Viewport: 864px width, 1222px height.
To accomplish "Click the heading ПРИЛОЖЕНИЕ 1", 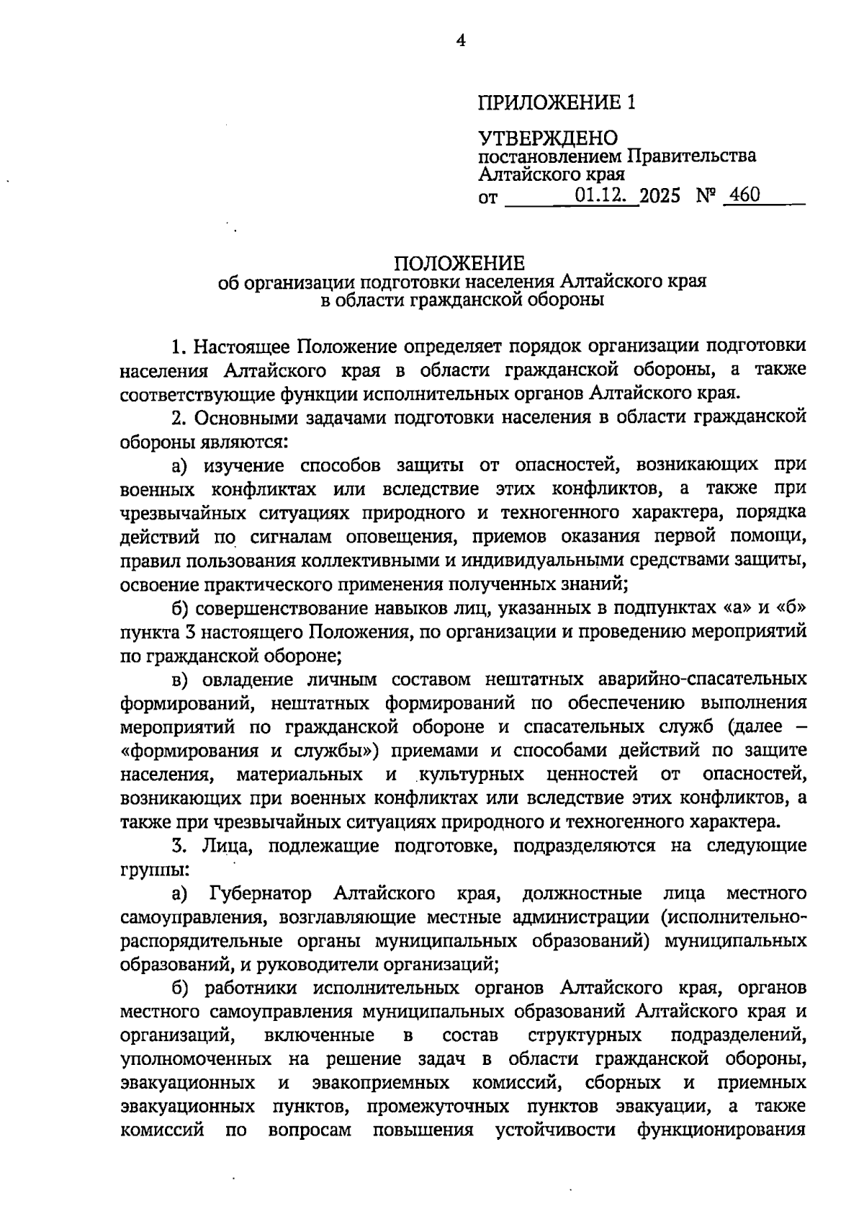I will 557,103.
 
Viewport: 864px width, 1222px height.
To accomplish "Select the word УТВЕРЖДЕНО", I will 549,138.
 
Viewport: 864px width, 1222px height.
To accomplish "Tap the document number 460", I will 744,195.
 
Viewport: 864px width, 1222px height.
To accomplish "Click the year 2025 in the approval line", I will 661,195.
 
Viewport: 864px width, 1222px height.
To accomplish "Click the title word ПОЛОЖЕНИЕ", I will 462,263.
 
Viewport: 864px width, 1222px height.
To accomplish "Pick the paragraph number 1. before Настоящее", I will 179,347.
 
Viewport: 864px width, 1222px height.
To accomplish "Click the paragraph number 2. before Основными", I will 179,417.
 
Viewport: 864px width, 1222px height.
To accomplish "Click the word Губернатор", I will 260,894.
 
